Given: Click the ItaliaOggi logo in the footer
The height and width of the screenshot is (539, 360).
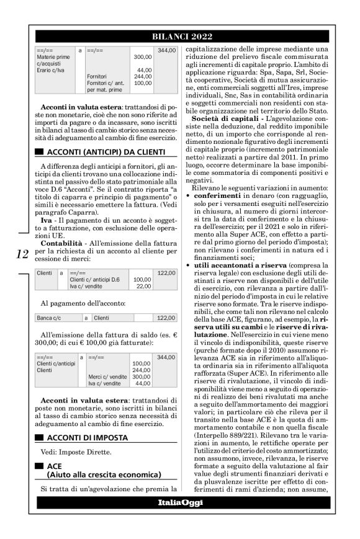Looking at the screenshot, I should (179, 519).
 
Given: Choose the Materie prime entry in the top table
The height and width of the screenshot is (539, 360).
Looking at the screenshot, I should (53, 56).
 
